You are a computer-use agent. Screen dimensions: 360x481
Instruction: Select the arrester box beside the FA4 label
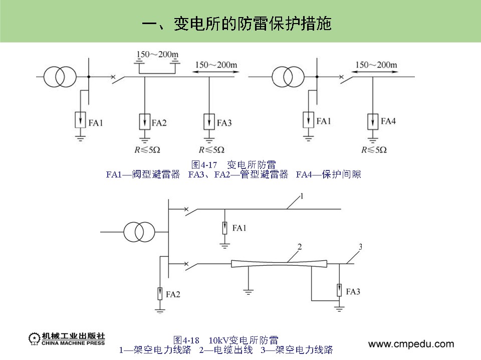coord(372,121)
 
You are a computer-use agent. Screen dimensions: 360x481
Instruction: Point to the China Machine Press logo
coord(67,339)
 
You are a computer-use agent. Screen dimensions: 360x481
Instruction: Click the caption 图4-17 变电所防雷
coord(234,164)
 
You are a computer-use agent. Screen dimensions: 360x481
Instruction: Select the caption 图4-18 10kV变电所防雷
coord(225,339)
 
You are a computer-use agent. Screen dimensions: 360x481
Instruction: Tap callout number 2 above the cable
coord(299,247)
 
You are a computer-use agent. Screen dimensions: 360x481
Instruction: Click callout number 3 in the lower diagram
coord(361,246)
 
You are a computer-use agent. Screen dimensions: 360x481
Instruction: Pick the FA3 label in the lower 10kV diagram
coord(353,291)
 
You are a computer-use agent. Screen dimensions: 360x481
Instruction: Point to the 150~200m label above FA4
coord(376,65)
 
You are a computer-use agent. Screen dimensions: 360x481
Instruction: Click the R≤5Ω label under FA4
coord(375,149)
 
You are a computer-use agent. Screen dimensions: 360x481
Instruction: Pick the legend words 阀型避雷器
coord(157,174)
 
